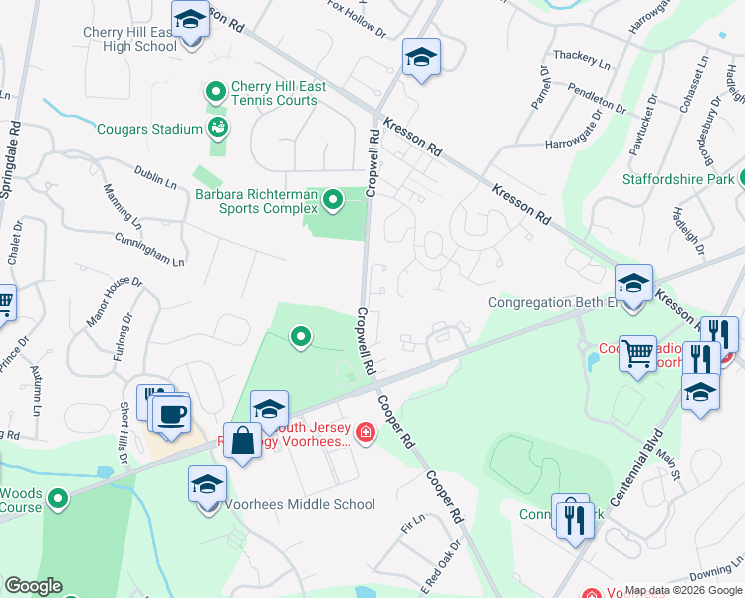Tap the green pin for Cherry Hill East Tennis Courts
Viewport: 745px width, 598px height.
coord(216,93)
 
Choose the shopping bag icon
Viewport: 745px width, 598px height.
coord(243,440)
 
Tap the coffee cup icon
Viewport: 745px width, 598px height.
coord(171,413)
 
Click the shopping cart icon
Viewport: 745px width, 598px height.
coord(637,352)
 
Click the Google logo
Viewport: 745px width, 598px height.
coord(32,586)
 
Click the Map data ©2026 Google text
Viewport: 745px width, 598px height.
coord(683,590)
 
